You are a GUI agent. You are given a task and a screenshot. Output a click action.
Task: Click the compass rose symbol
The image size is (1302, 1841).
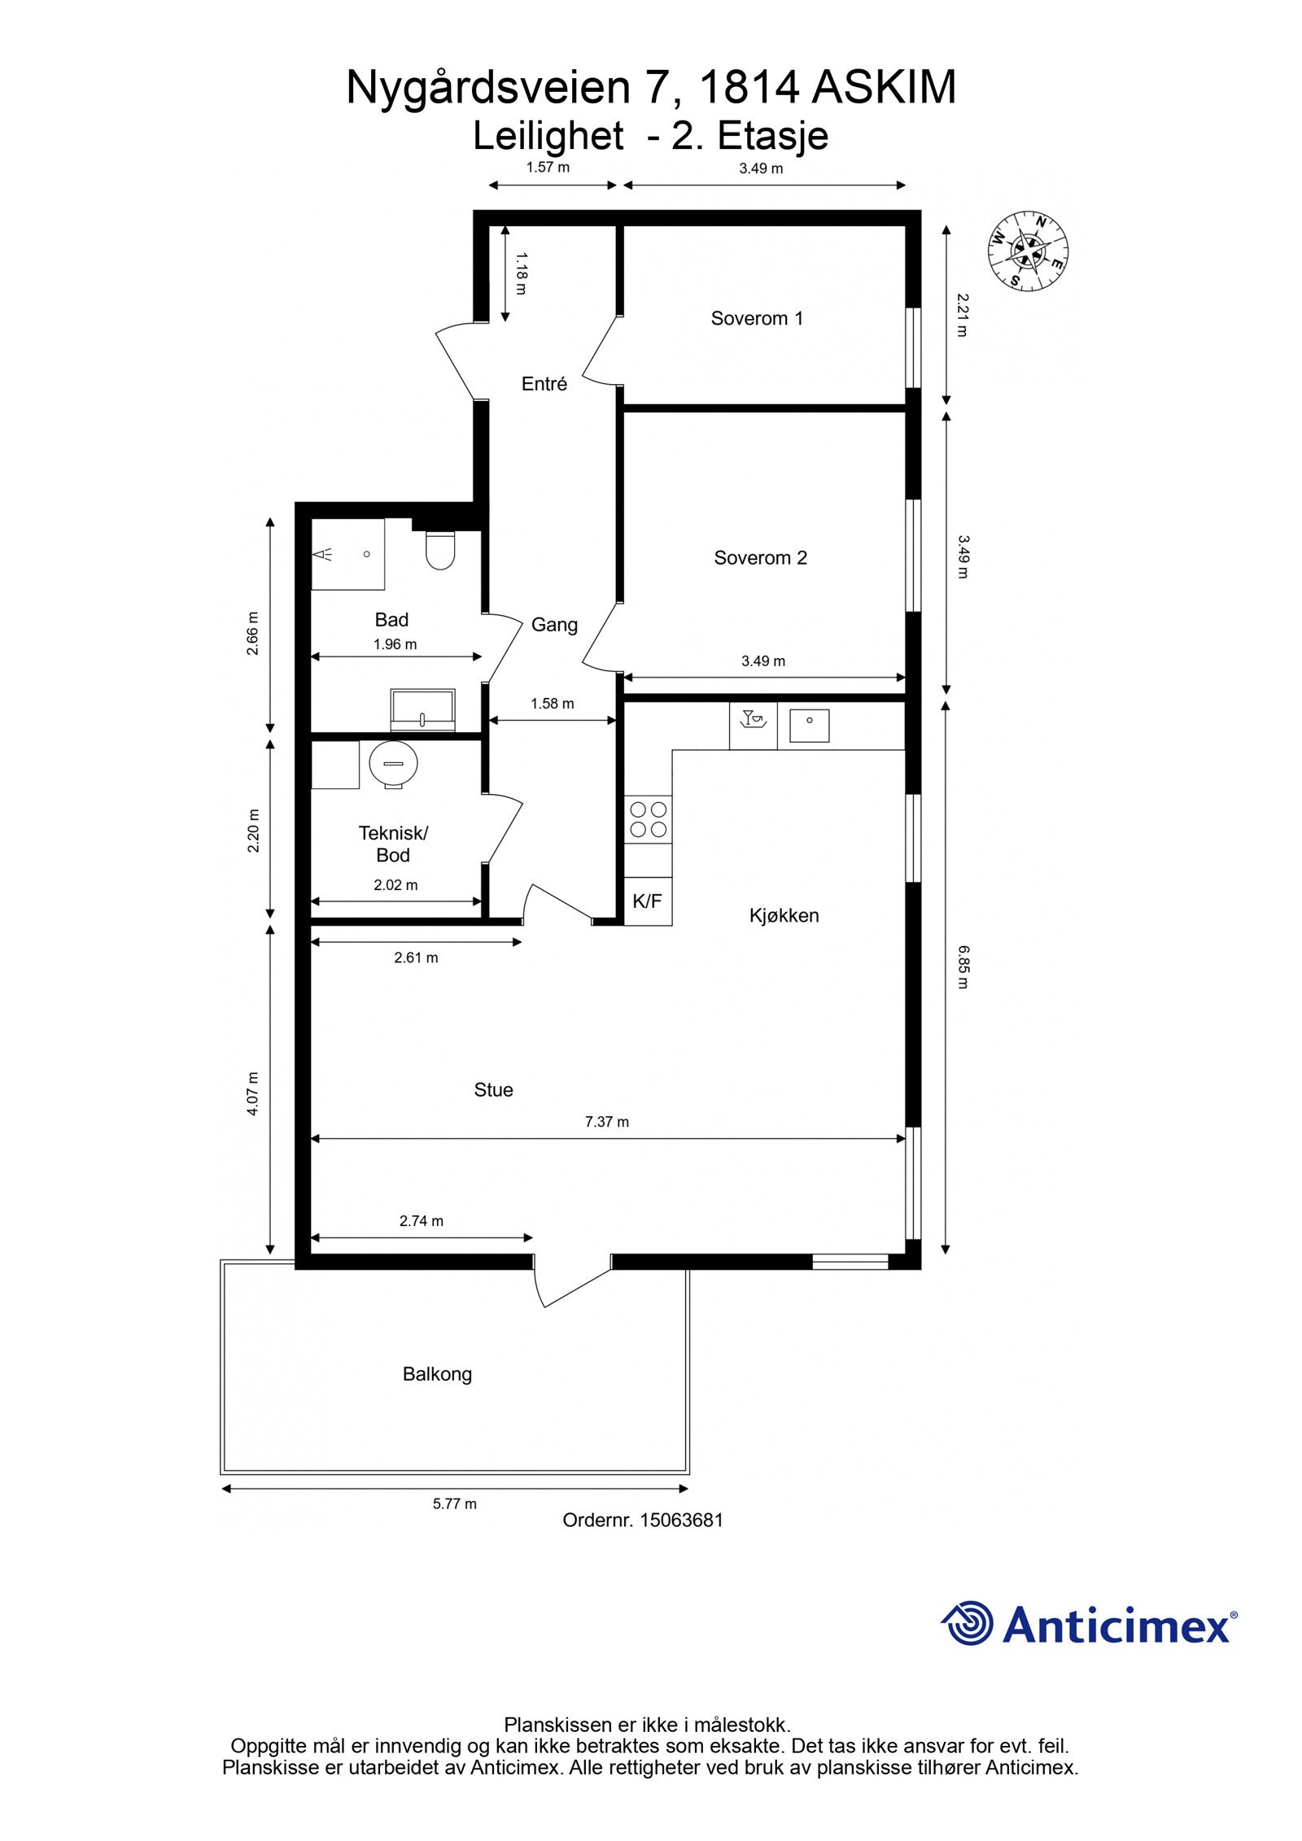(1028, 251)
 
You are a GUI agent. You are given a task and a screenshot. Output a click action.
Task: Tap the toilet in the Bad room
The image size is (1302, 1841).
(440, 550)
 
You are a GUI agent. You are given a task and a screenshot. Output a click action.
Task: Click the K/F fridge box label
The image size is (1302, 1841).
(647, 901)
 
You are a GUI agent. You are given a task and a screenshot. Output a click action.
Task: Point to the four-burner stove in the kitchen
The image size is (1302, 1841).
(648, 819)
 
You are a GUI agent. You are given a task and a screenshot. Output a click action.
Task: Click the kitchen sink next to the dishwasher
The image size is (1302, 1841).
(810, 726)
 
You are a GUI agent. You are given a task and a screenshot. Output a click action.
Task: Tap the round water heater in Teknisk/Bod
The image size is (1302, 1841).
(393, 764)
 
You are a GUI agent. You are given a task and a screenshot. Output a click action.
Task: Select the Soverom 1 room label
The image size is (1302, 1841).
(757, 318)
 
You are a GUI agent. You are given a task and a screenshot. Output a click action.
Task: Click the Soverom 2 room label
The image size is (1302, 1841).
(760, 558)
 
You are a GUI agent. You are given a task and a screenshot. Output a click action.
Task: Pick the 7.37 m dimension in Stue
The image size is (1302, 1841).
(607, 1122)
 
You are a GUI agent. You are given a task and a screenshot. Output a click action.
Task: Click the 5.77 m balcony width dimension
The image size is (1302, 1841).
(455, 1503)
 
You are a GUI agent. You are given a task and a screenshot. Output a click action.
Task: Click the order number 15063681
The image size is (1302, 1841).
(681, 1520)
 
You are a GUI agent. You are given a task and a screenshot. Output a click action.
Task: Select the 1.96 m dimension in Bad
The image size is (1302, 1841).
(395, 644)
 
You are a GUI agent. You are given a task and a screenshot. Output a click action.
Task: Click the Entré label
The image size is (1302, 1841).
(544, 384)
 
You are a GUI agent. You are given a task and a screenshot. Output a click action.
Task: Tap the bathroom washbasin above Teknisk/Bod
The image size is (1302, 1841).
(422, 710)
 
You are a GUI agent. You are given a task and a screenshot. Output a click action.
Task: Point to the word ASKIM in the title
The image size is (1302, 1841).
(884, 88)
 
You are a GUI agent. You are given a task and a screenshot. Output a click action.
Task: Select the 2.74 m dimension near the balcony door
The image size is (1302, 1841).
(422, 1221)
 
